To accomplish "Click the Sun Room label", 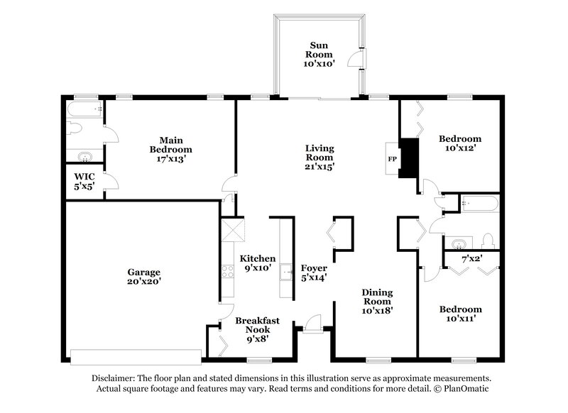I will coord(319,53).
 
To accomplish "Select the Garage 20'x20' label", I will coord(144,276).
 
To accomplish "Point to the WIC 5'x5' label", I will coord(84,180).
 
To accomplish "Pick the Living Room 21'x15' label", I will coord(319,158).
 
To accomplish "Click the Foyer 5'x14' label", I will coord(313,273).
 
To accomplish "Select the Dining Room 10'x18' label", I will coord(377,300).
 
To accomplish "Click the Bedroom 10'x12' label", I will coord(459,143).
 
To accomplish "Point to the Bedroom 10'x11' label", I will coord(459,314).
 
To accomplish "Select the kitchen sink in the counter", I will coord(286,270).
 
